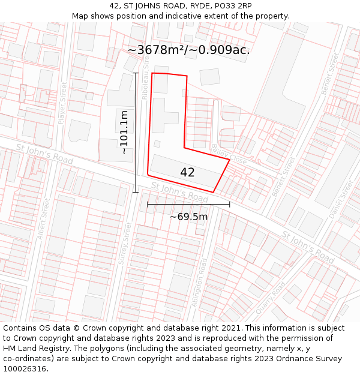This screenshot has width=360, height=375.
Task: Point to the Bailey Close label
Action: (221, 154)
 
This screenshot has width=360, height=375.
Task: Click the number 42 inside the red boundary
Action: (187, 172)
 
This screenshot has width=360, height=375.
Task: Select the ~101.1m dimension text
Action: (124, 133)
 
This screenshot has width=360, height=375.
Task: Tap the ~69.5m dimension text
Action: (188, 217)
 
